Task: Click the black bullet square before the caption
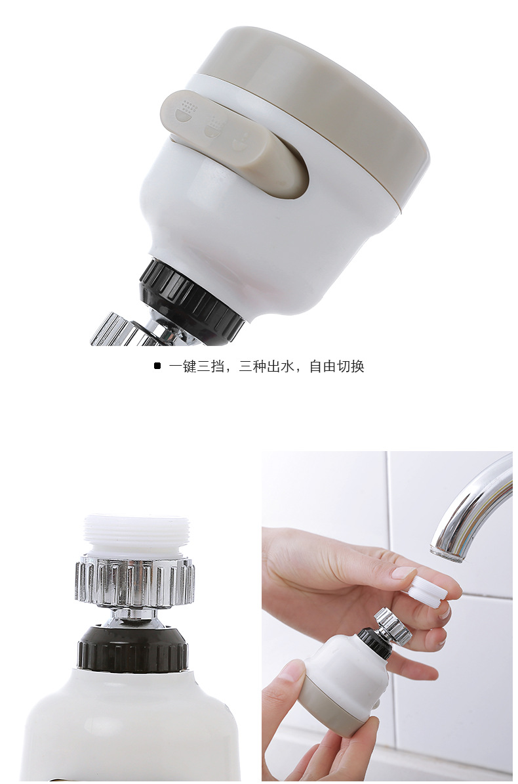click(x=157, y=366)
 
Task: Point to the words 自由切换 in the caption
click(x=336, y=366)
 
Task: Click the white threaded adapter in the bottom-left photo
click(x=136, y=536)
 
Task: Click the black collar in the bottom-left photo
click(x=133, y=647)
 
